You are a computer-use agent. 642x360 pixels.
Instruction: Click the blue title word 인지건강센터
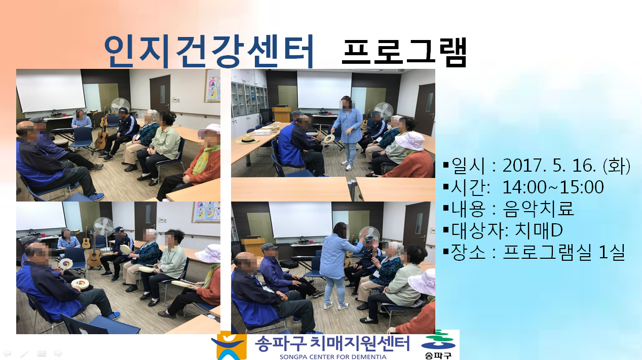pyautogui.click(x=209, y=52)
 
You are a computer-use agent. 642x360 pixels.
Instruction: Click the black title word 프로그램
pyautogui.click(x=404, y=52)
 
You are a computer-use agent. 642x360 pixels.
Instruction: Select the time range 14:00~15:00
pyautogui.click(x=553, y=187)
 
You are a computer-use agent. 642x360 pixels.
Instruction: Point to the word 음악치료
pyautogui.click(x=539, y=209)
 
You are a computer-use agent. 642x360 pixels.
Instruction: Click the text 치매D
pyautogui.click(x=539, y=230)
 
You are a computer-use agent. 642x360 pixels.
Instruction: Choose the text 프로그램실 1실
pyautogui.click(x=564, y=252)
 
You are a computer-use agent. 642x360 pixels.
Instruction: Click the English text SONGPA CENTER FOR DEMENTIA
pyautogui.click(x=333, y=357)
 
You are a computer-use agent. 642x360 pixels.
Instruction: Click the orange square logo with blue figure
pyautogui.click(x=232, y=345)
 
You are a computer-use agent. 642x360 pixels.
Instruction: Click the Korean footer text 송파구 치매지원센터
pyautogui.click(x=332, y=343)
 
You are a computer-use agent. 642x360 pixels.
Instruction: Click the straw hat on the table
pyautogui.click(x=247, y=139)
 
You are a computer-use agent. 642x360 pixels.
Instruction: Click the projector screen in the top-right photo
pyautogui.click(x=324, y=90)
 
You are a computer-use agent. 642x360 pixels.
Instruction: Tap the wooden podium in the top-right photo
pyautogui.click(x=281, y=114)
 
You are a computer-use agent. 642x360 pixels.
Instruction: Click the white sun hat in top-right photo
pyautogui.click(x=410, y=141)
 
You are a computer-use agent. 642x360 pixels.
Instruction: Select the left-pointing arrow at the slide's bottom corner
pyautogui.click(x=7, y=353)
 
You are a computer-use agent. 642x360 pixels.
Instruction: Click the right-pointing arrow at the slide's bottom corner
pyautogui.click(x=58, y=353)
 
